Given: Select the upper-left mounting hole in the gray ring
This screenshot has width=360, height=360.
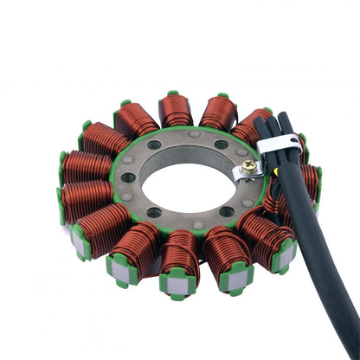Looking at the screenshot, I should coord(155,145).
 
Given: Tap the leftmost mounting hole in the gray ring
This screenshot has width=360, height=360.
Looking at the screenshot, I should coord(129,177).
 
